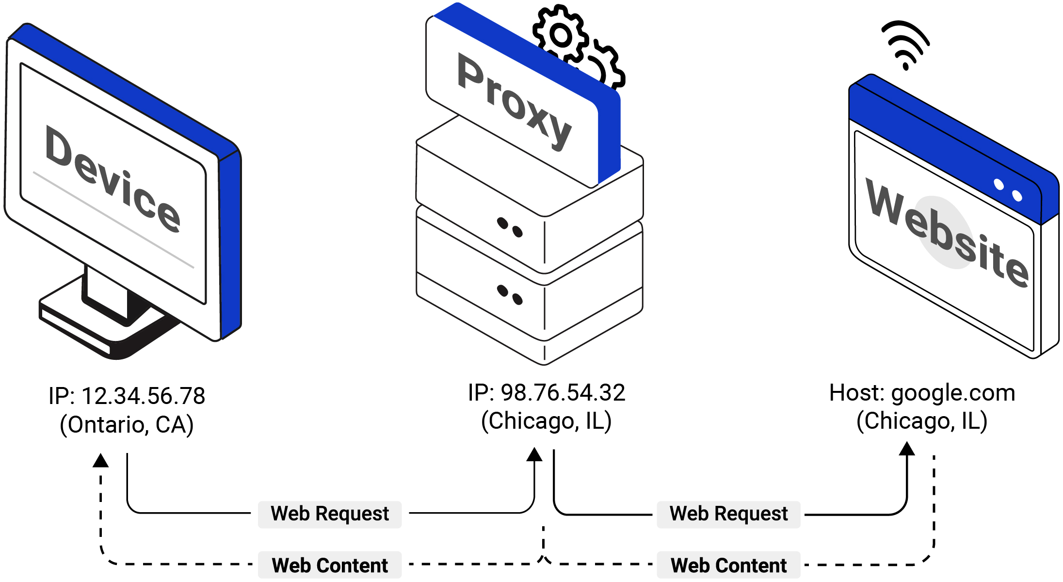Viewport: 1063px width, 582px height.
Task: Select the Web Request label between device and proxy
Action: click(x=330, y=514)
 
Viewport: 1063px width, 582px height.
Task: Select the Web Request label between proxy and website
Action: click(x=728, y=514)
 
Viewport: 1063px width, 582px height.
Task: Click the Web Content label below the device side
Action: click(x=330, y=566)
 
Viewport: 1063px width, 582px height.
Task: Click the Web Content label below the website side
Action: click(x=728, y=566)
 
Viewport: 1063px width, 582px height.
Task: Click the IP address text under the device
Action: click(x=126, y=396)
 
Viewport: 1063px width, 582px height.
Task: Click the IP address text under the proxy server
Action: click(x=548, y=393)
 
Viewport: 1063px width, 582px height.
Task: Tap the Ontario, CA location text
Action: click(x=126, y=425)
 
